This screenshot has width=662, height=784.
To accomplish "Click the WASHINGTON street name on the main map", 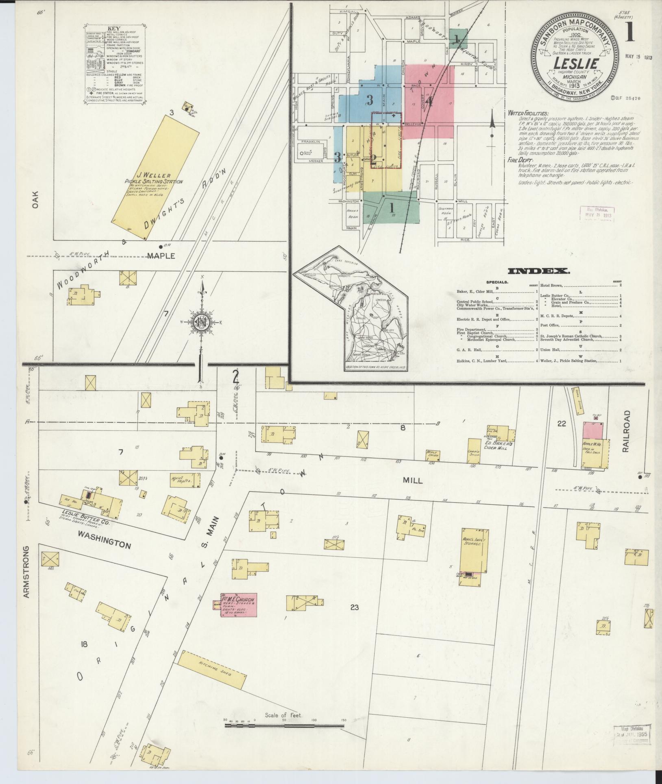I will pyautogui.click(x=105, y=544).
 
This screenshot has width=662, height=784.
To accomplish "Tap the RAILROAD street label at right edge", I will pyautogui.click(x=626, y=431).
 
